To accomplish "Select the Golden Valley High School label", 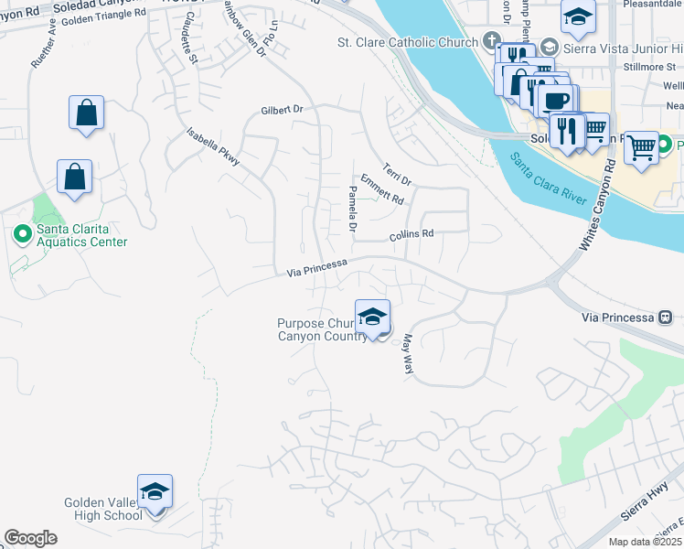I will pyautogui.click(x=102, y=509).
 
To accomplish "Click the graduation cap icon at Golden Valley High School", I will pyautogui.click(x=155, y=491).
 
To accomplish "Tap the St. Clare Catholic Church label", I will pyautogui.click(x=408, y=42).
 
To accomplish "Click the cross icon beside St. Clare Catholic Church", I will pyautogui.click(x=492, y=41).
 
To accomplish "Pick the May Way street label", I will pyautogui.click(x=408, y=352).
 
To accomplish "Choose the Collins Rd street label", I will pyautogui.click(x=411, y=234).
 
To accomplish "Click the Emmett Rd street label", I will pyautogui.click(x=381, y=188).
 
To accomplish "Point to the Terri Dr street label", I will pyautogui.click(x=399, y=172).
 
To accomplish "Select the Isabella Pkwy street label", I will pyautogui.click(x=213, y=146).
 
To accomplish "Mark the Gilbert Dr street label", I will pyautogui.click(x=281, y=109).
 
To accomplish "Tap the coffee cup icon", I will pyautogui.click(x=556, y=99).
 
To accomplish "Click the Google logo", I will pyautogui.click(x=30, y=538).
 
